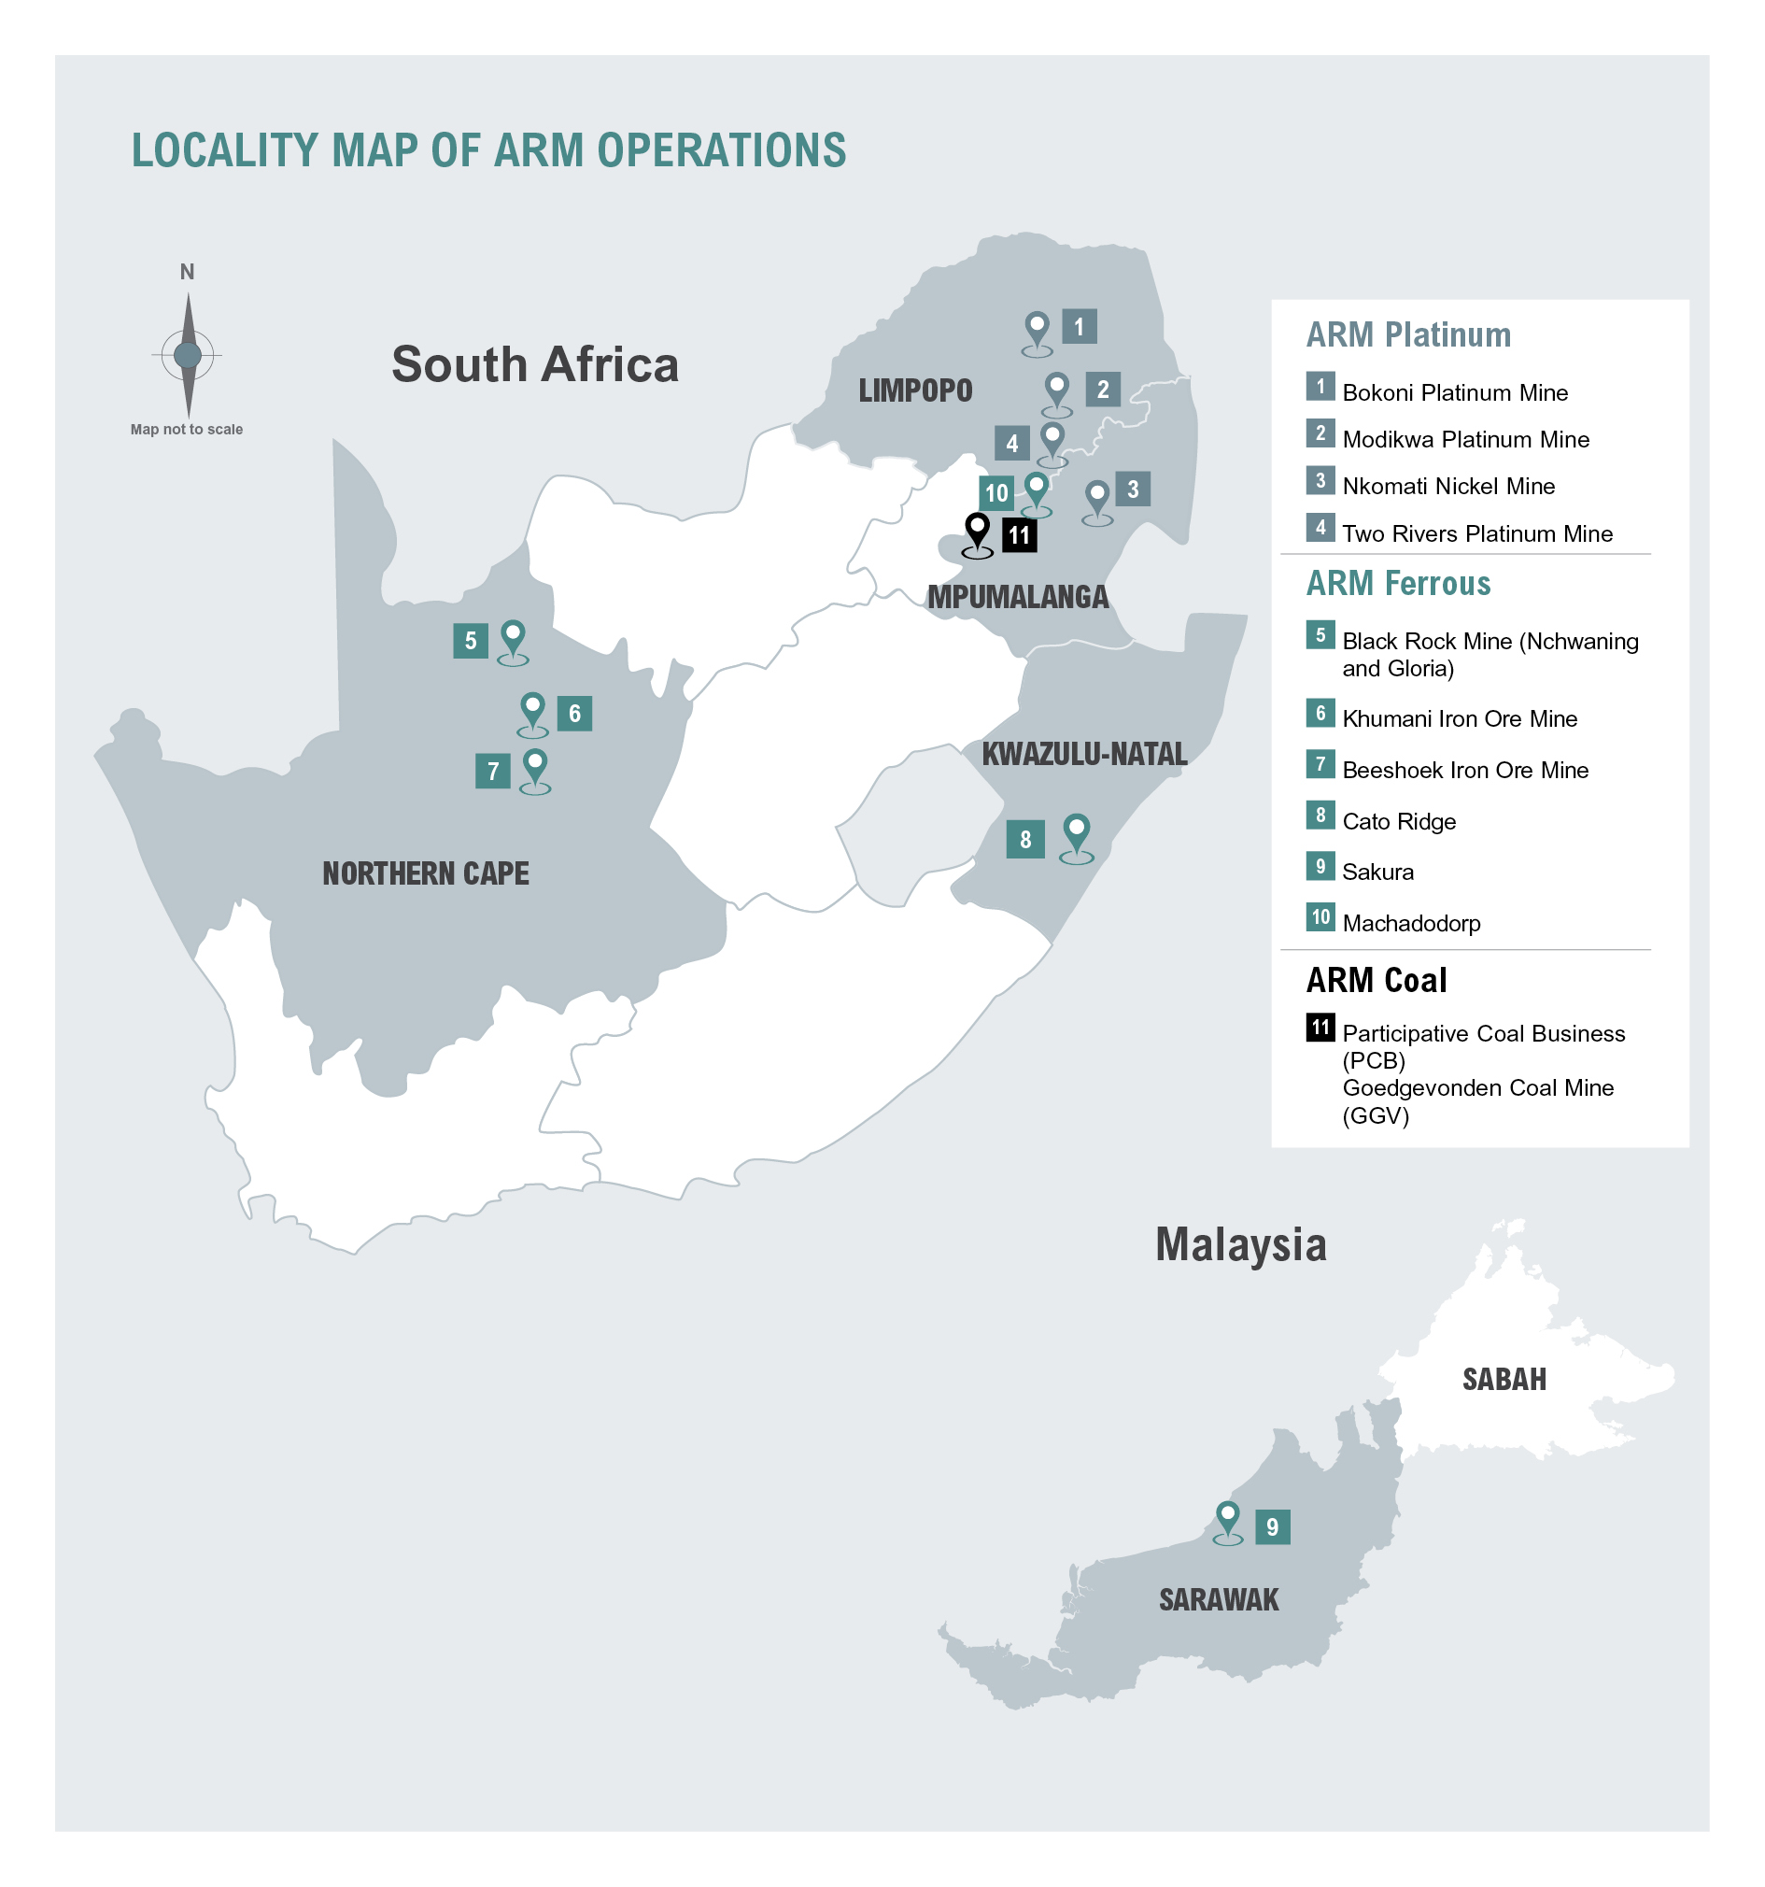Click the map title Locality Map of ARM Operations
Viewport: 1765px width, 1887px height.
(x=487, y=150)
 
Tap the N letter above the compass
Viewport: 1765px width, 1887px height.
(x=187, y=272)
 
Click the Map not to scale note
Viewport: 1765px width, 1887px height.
(x=186, y=429)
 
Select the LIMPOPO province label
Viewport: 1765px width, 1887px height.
(x=915, y=390)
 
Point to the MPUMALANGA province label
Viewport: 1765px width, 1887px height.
(x=1017, y=596)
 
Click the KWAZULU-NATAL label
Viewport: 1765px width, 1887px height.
(x=1083, y=754)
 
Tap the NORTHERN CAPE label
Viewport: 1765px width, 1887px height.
(x=425, y=873)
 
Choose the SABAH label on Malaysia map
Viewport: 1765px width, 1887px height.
(x=1504, y=1378)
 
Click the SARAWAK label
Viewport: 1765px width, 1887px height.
(x=1219, y=1599)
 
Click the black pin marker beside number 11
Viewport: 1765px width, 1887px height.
(x=977, y=530)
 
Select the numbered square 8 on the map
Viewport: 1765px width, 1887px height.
(x=1024, y=839)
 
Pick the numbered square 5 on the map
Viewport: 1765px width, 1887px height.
(x=470, y=641)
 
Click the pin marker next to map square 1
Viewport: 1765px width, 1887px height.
(x=1038, y=329)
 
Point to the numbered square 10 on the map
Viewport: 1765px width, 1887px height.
(x=995, y=492)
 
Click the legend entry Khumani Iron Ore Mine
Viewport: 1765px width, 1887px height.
(x=1459, y=718)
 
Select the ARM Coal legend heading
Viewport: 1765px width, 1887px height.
(x=1376, y=980)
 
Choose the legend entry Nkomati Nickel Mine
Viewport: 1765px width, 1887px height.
(x=1448, y=486)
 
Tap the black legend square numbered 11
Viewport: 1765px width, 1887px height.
(x=1320, y=1027)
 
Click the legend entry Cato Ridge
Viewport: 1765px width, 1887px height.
(x=1399, y=821)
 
